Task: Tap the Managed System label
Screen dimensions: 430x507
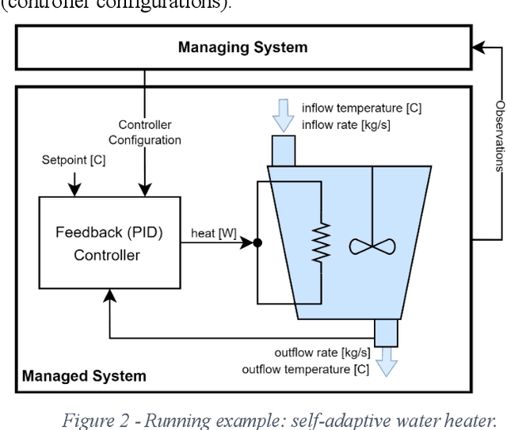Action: pos(84,375)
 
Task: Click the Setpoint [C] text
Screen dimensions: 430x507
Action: pos(74,159)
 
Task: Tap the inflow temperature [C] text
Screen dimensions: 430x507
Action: pos(361,108)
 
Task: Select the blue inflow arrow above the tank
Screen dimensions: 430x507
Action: pos(282,116)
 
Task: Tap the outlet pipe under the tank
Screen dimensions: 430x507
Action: pos(387,333)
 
